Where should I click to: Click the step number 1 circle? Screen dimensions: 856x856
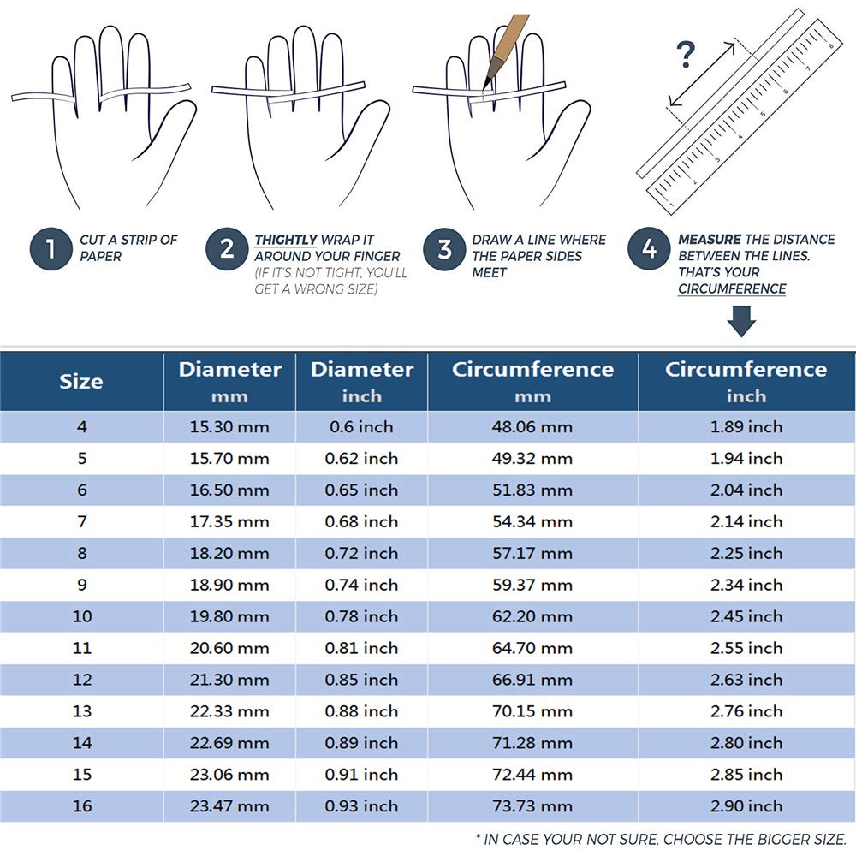pyautogui.click(x=51, y=249)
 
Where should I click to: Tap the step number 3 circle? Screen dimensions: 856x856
pyautogui.click(x=444, y=249)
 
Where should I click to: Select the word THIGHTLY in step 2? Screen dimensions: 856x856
pyautogui.click(x=286, y=240)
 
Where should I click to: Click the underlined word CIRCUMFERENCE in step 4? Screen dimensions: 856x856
pyautogui.click(x=732, y=288)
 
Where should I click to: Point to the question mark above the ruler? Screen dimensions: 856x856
pyautogui.click(x=687, y=55)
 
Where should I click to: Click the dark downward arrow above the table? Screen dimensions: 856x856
pyautogui.click(x=741, y=322)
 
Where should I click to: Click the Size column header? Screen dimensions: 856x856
pyautogui.click(x=81, y=381)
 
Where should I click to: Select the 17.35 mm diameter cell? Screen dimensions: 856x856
pyautogui.click(x=229, y=522)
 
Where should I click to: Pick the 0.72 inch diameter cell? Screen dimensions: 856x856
pyautogui.click(x=361, y=554)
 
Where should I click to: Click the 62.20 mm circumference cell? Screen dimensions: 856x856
pyautogui.click(x=532, y=617)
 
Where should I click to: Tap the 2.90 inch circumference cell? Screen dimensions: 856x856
pyautogui.click(x=746, y=806)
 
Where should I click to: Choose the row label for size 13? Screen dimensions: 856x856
pyautogui.click(x=82, y=711)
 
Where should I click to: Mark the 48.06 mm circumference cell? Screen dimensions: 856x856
pyautogui.click(x=532, y=427)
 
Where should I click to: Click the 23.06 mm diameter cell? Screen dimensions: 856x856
pyautogui.click(x=229, y=775)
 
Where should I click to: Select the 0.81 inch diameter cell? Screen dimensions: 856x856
pyautogui.click(x=361, y=649)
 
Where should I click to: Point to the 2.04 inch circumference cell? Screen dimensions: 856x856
pyautogui.click(x=746, y=490)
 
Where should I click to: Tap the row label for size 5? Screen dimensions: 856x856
pyautogui.click(x=82, y=459)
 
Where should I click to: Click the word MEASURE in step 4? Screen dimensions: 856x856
pyautogui.click(x=710, y=240)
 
